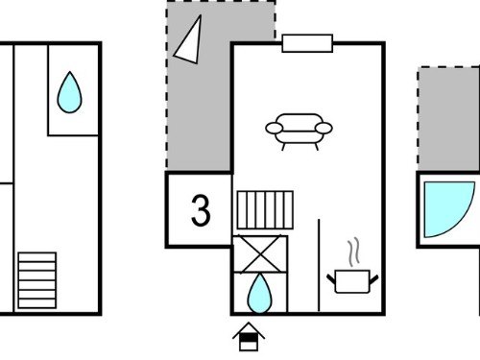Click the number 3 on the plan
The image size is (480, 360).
click(201, 210)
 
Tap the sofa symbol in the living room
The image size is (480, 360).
click(299, 132)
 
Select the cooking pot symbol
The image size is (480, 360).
click(352, 281)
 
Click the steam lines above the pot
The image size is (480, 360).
click(353, 252)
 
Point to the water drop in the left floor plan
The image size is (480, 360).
click(69, 92)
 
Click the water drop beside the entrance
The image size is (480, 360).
click(259, 294)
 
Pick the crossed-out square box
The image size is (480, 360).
click(260, 254)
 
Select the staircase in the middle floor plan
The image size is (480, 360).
click(265, 210)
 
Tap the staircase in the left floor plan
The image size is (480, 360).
click(37, 280)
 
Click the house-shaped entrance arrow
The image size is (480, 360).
click(249, 337)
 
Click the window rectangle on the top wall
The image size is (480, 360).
click(307, 43)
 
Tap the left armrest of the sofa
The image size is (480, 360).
click(275, 129)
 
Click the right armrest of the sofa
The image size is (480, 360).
click(324, 128)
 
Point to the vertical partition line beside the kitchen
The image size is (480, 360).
click(319, 265)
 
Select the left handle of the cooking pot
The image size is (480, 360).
click(331, 278)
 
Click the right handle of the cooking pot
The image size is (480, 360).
click(374, 279)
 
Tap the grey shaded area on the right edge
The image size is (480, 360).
click(448, 119)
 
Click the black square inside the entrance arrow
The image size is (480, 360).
click(249, 338)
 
